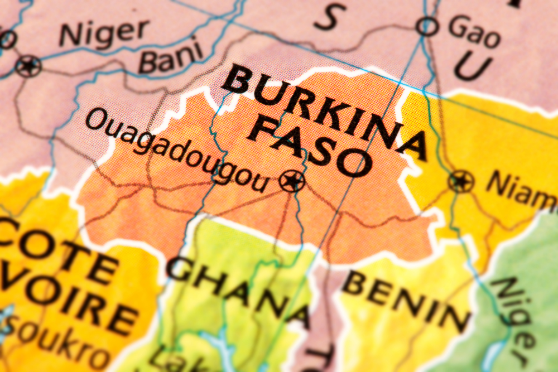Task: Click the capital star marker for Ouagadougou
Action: pyautogui.click(x=292, y=181)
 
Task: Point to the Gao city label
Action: pyautogui.click(x=474, y=31)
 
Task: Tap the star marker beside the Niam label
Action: pyautogui.click(x=461, y=181)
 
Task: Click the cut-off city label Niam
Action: pyautogui.click(x=522, y=192)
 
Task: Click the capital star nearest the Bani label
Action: pyautogui.click(x=28, y=66)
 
